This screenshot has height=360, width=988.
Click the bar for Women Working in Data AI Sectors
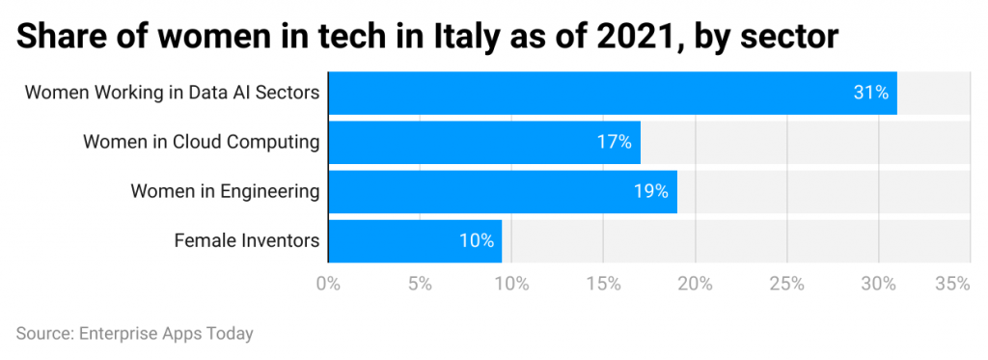pos(613,94)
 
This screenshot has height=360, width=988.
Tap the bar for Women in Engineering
pos(503,191)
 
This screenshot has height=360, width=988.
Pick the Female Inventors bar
pos(415,240)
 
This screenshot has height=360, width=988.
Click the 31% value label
pos(869,94)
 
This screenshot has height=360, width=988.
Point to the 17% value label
pos(614,143)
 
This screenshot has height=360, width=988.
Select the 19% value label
pos(650,191)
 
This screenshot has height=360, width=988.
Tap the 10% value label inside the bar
pos(477,240)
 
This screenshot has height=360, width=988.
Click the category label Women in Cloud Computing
pos(201,143)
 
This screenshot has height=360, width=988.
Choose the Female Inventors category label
pos(246,240)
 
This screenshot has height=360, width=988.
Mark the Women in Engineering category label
pos(225,191)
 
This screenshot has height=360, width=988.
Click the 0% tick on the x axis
pos(328,284)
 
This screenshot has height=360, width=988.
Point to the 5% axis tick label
pos(420,284)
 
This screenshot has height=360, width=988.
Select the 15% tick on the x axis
pos(603,284)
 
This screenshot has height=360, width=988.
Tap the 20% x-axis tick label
pos(695,284)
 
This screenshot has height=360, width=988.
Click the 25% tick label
pos(786,284)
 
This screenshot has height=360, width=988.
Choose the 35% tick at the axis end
pos(952,284)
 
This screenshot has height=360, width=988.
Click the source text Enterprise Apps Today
pos(165,334)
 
